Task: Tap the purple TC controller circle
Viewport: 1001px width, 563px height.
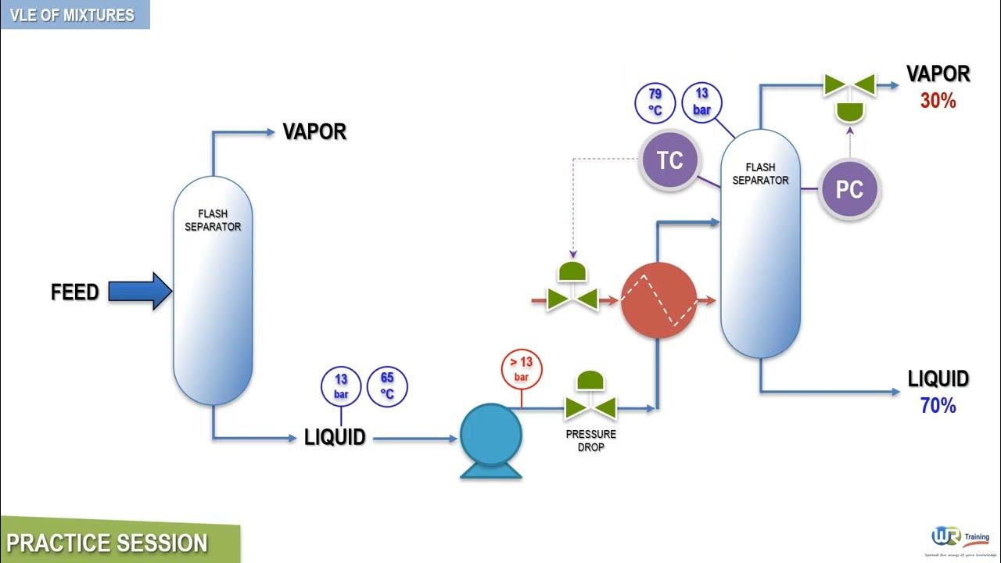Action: click(x=669, y=161)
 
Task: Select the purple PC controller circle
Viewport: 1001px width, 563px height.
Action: click(x=849, y=189)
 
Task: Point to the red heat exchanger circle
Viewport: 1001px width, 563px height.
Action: click(x=658, y=300)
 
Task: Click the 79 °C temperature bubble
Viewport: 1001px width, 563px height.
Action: click(x=655, y=102)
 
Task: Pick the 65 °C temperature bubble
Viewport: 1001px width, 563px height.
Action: click(x=387, y=386)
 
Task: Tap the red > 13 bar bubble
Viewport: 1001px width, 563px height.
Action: click(x=521, y=369)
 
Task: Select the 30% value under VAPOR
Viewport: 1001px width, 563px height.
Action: click(x=938, y=101)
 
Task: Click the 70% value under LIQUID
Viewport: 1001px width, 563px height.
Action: click(x=938, y=406)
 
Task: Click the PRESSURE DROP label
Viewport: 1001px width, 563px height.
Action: click(x=590, y=440)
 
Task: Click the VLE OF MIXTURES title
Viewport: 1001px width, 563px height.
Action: click(x=72, y=15)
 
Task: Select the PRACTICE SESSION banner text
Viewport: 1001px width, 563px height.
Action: click(x=107, y=543)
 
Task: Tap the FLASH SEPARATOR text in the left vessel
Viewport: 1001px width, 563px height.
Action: click(x=213, y=220)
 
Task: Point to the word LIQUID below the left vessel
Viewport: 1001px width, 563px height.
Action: click(x=335, y=438)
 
